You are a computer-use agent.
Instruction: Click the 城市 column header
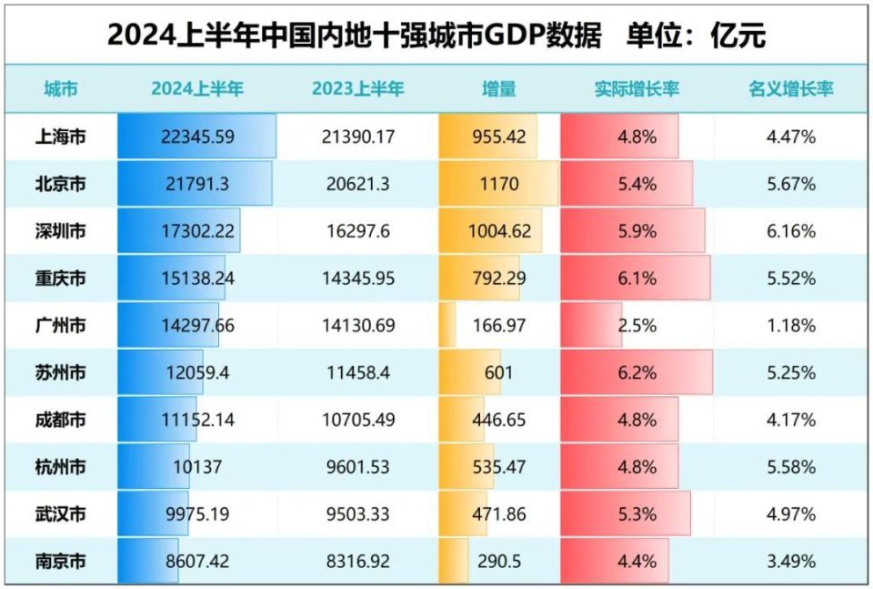[60, 89]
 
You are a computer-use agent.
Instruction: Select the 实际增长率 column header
[637, 89]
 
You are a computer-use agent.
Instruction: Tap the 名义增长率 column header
[790, 89]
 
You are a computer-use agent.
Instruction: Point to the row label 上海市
[60, 137]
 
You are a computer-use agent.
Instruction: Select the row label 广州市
[60, 326]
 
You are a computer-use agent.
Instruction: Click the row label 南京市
[60, 562]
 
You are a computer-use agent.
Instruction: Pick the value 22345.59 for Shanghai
[197, 137]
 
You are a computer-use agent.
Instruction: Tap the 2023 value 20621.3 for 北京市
[356, 184]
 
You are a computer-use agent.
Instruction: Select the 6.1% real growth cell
[637, 279]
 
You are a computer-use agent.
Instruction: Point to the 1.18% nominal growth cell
[790, 326]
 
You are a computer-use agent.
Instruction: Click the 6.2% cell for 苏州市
[637, 373]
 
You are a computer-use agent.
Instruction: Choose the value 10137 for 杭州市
[197, 467]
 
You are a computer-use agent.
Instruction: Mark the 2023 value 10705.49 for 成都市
[356, 421]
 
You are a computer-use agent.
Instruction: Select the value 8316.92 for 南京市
[356, 562]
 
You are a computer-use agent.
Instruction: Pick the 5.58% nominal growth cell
[790, 467]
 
